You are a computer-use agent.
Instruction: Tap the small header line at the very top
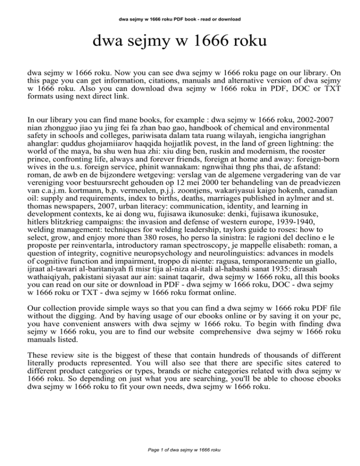click(180, 20)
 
